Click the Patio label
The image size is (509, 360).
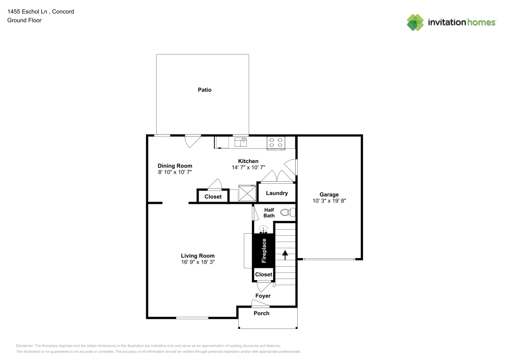tap(205, 90)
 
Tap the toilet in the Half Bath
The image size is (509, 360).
tap(287, 212)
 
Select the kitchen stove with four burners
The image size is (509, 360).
tap(276, 143)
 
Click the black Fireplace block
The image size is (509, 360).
tap(264, 250)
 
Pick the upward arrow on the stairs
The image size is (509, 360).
tap(285, 253)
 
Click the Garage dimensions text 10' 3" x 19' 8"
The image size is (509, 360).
tap(329, 201)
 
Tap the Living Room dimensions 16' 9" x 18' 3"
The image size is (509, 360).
tap(198, 262)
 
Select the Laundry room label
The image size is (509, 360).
tap(277, 193)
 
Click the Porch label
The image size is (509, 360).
tap(262, 313)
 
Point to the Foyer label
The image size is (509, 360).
tap(263, 296)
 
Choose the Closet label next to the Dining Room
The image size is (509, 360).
tap(213, 197)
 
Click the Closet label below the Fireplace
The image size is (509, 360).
tap(264, 274)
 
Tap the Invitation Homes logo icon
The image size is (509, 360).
tap(415, 22)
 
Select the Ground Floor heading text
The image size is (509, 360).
tap(24, 20)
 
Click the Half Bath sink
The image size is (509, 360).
tap(264, 229)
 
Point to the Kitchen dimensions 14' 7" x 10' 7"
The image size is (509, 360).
tap(248, 168)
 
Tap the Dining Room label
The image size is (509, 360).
tap(175, 165)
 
